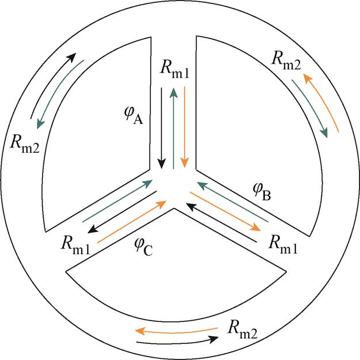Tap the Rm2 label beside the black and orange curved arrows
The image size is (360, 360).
[242, 329]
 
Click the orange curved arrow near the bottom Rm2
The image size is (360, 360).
[177, 330]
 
